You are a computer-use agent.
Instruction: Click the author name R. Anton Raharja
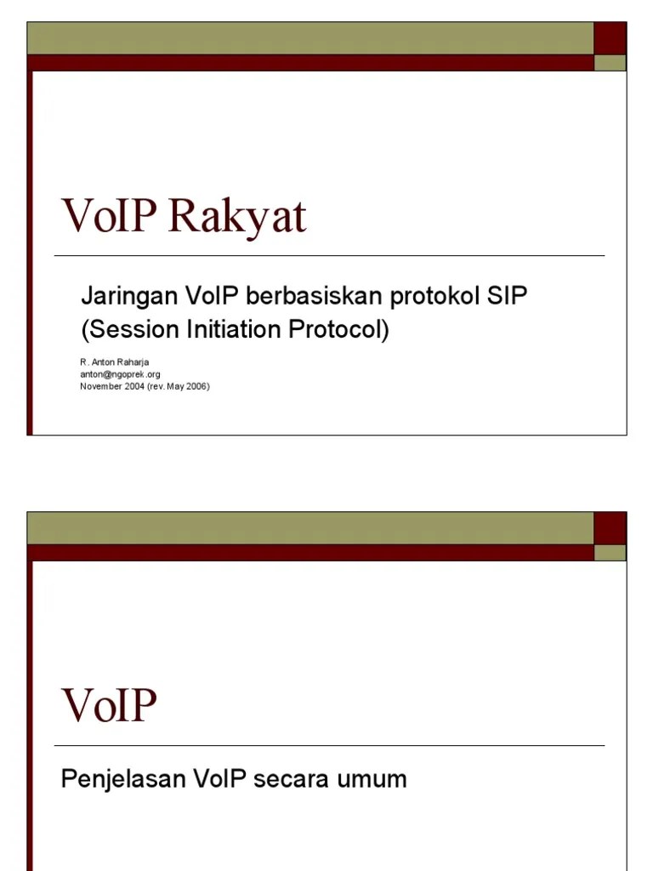(x=115, y=361)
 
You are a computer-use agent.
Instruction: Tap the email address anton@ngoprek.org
(x=120, y=373)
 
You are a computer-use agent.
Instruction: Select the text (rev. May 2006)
(x=179, y=385)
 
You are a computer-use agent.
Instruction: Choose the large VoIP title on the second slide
(x=110, y=706)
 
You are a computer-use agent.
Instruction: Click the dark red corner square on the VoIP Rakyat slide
(x=610, y=38)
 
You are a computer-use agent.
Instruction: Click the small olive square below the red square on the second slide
(x=610, y=553)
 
